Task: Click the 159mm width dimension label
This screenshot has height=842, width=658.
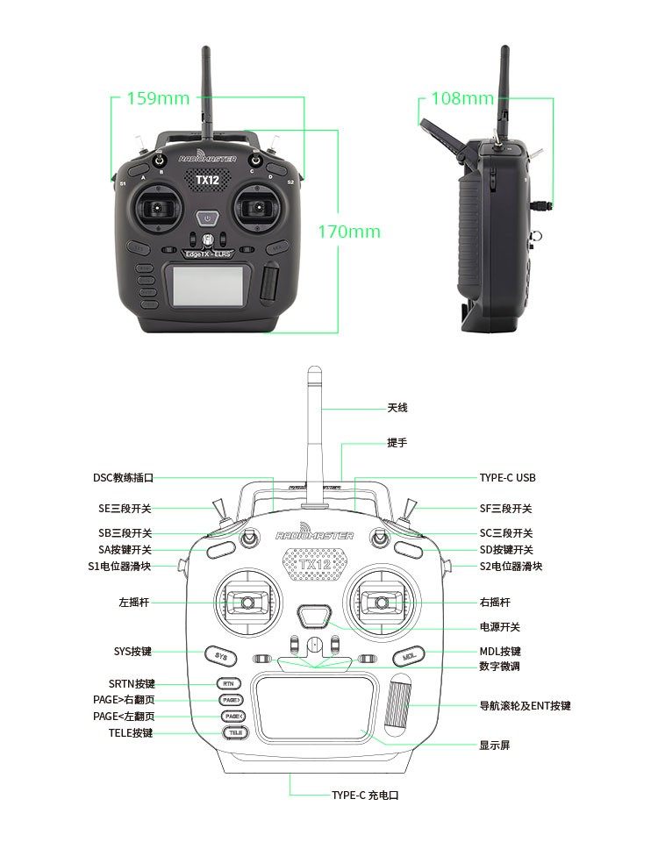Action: (x=158, y=97)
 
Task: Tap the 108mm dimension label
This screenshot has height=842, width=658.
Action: (x=462, y=97)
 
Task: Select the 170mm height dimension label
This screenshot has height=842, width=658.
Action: (x=349, y=232)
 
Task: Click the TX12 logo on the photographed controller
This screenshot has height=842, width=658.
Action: (x=207, y=180)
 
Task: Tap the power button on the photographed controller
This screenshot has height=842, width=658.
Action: (x=206, y=218)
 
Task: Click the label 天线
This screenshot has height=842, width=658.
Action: (x=397, y=408)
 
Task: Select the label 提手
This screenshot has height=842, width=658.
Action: (x=397, y=443)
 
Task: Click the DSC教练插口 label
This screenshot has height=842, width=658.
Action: (x=123, y=478)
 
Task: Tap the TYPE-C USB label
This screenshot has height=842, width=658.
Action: (x=507, y=478)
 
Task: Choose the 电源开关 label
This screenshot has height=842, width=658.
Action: (x=499, y=627)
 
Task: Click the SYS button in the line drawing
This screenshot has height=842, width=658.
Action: (x=221, y=656)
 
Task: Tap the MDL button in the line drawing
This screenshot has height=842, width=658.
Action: (x=408, y=656)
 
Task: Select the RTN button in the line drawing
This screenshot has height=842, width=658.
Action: (x=227, y=683)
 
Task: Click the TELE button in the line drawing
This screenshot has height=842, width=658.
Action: (x=232, y=731)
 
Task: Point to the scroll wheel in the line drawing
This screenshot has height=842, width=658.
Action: (x=400, y=705)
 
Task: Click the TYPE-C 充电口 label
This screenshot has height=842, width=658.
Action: (x=365, y=795)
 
